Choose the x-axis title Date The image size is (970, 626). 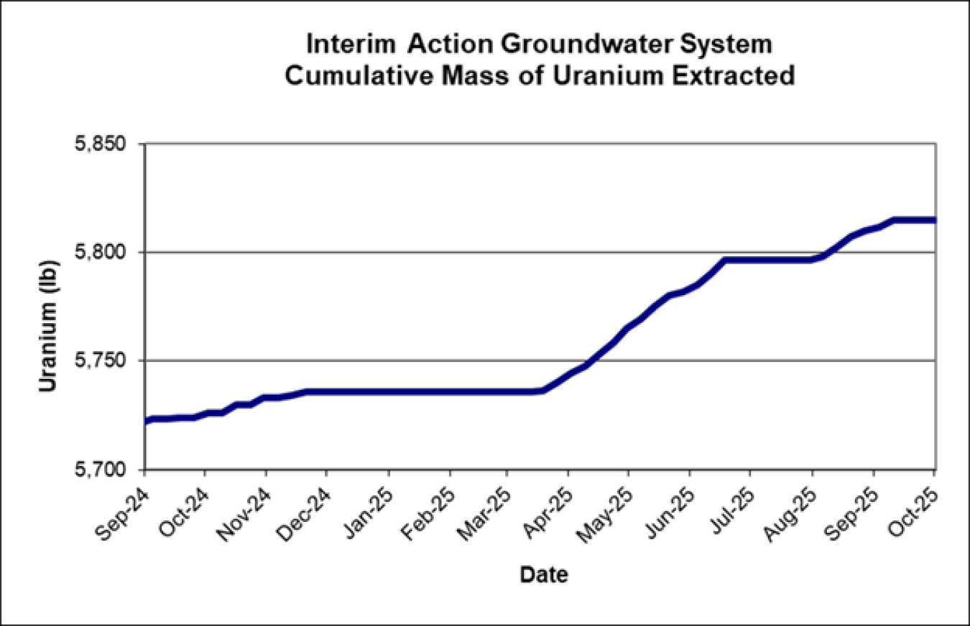coord(543,575)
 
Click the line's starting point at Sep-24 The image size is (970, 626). coord(146,421)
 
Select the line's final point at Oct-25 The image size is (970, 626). coord(933,220)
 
